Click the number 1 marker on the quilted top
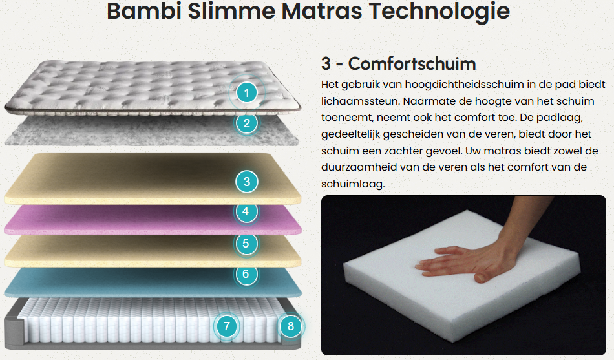[247, 93]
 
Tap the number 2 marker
[247, 123]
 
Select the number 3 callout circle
[247, 182]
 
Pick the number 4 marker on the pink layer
[246, 211]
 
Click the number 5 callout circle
[246, 243]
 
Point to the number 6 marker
[246, 274]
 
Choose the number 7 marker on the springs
[227, 326]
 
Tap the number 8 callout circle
[291, 326]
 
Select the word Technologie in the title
[439, 12]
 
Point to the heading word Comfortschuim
[412, 64]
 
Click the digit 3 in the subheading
[326, 64]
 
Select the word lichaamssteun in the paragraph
[360, 101]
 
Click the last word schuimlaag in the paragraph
[353, 184]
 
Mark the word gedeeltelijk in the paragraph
[350, 134]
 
